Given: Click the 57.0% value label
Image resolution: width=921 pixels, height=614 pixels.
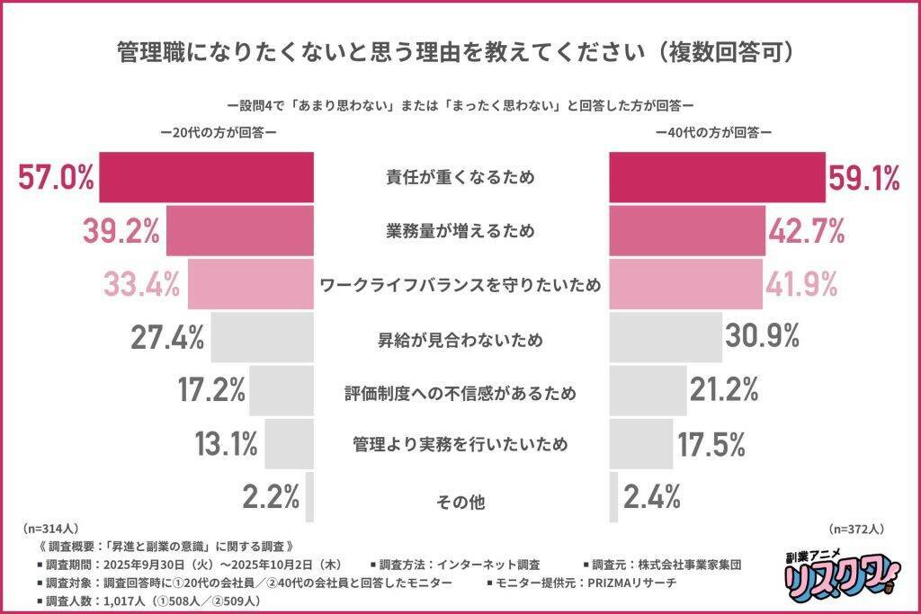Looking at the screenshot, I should [x=56, y=177].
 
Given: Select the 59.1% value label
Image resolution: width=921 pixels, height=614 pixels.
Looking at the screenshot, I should [x=864, y=178].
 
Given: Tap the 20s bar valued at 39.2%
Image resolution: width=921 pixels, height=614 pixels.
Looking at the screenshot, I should [x=239, y=231].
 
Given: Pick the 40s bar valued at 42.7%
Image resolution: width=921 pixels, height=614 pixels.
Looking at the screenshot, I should [x=686, y=231].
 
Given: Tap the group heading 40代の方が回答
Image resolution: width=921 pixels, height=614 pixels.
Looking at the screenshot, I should [x=714, y=131].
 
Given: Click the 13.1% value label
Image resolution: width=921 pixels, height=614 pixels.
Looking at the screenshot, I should [x=227, y=443].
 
